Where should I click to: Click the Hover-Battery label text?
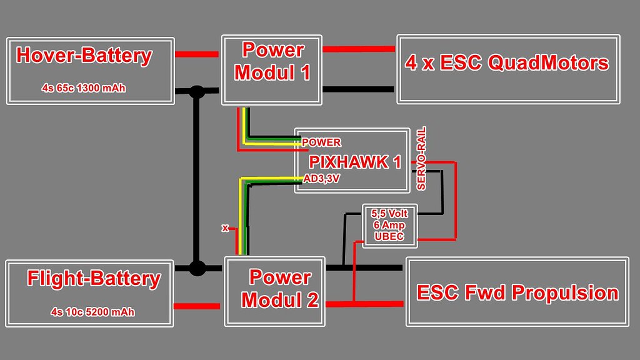84,56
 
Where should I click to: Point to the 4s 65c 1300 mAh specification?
84,88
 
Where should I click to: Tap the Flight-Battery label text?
94,278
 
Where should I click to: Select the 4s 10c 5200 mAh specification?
92,311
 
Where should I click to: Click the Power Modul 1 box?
272,69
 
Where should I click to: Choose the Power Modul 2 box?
275,291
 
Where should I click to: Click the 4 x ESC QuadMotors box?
507,69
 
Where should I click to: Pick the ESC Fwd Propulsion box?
517,292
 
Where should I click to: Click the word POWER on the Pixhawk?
321,142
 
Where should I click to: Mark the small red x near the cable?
225,228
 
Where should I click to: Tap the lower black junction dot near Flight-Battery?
197,269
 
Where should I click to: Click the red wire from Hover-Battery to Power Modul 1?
197,54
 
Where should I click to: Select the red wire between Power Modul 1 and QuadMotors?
359,49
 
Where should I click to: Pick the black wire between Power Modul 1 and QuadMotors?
359,89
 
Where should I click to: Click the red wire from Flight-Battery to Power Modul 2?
197,306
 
